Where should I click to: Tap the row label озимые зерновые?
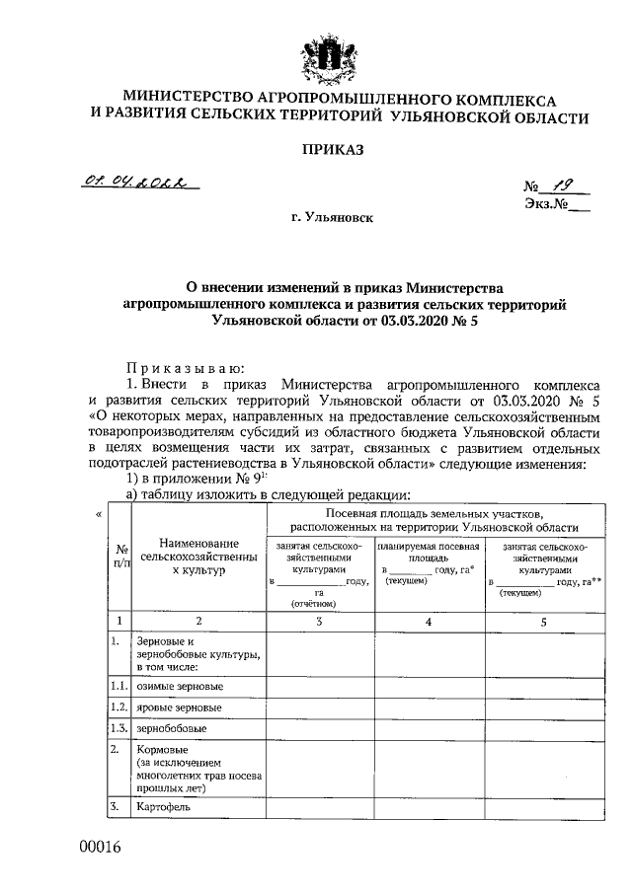point(180,686)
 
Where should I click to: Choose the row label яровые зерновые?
point(179,707)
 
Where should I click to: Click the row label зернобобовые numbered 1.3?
point(172,729)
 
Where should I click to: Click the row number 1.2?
point(118,707)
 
